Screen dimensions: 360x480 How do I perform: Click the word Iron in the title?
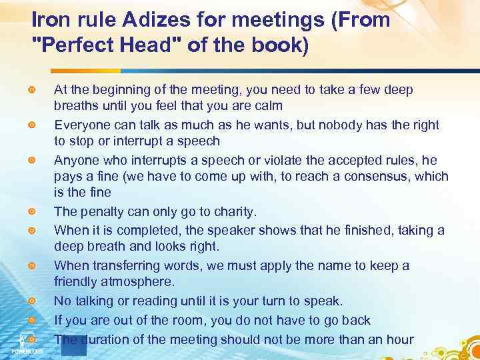pos(50,20)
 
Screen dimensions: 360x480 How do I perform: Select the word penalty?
pos(97,212)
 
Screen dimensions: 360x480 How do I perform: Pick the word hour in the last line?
pos(400,339)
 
